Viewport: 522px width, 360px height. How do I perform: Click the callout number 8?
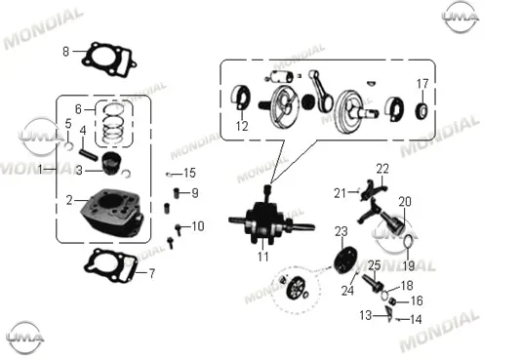66,52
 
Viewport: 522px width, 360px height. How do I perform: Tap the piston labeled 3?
111,163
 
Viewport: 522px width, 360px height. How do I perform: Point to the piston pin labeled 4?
89,155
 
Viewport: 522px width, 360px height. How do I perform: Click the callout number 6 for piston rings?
79,109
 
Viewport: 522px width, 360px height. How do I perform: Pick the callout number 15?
189,174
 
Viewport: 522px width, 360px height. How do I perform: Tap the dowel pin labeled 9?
177,193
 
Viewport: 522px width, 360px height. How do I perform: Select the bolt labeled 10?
179,229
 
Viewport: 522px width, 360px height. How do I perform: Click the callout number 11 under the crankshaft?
263,257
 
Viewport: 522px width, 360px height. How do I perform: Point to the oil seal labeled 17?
422,111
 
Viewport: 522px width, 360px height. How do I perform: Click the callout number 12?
242,126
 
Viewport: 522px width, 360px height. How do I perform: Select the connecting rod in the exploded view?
320,91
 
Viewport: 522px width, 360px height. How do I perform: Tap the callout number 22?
382,169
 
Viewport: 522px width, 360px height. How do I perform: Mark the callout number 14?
416,320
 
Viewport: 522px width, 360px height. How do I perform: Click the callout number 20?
405,202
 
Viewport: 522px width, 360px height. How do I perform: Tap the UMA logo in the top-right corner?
461,17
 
